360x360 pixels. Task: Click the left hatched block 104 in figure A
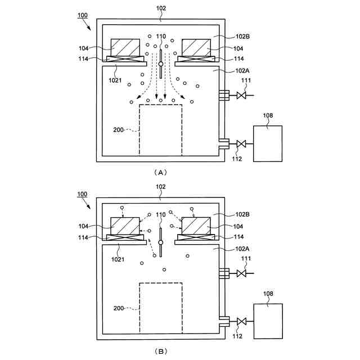click(126, 47)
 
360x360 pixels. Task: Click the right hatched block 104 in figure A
click(195, 47)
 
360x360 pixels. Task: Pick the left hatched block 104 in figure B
click(126, 226)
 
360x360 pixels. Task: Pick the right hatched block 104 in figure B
click(195, 226)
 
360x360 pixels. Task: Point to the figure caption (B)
click(160, 350)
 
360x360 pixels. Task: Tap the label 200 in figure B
click(119, 308)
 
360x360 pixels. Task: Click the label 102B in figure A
click(243, 37)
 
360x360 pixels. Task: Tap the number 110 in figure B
click(161, 215)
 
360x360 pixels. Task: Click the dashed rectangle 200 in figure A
click(160, 129)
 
